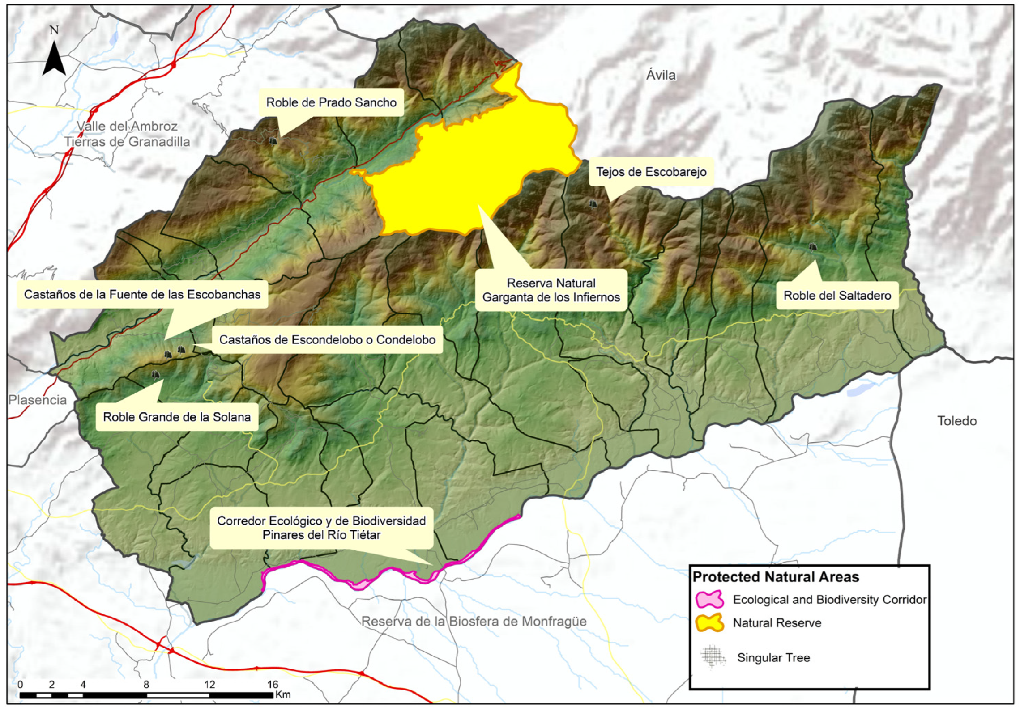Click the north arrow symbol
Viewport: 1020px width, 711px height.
[54, 59]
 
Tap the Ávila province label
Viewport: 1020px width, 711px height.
[661, 75]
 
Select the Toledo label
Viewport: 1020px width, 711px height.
[957, 421]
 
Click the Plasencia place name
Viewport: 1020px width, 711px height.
[38, 400]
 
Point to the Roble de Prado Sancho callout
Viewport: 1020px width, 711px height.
[331, 102]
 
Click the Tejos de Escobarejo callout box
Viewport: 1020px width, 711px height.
[651, 172]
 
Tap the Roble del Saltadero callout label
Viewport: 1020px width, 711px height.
[837, 295]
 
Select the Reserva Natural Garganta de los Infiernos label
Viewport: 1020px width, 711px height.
[551, 290]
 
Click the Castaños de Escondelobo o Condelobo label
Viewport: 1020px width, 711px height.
[327, 339]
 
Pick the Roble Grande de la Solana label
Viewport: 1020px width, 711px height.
[177, 417]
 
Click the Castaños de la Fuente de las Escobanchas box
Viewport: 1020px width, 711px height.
[142, 294]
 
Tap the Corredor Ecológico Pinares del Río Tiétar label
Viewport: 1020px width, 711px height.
[321, 528]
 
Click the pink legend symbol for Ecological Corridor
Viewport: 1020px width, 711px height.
[709, 599]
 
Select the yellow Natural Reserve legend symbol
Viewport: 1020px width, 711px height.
[709, 622]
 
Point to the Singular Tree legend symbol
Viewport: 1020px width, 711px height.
[713, 656]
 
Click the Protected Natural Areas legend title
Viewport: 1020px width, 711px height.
[776, 577]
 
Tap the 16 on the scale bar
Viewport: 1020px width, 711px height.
[273, 684]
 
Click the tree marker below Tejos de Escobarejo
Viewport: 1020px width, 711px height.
[593, 204]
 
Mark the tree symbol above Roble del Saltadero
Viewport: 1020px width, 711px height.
[813, 246]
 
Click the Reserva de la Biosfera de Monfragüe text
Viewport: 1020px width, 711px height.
[474, 622]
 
